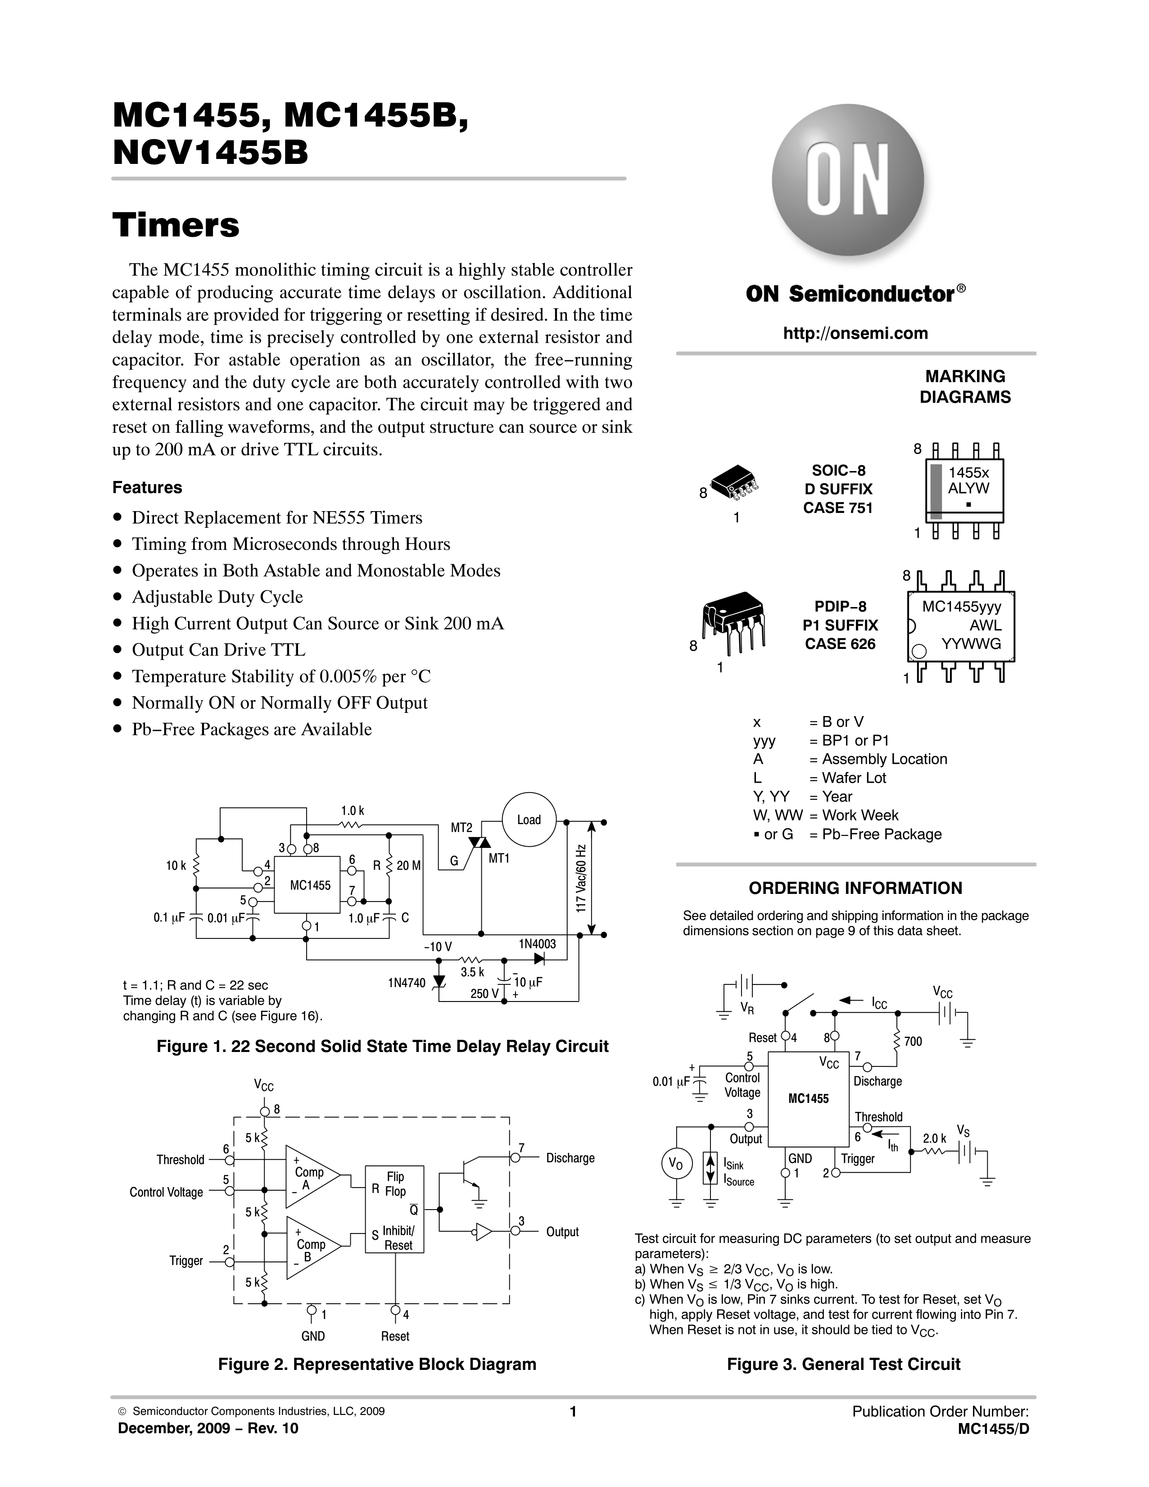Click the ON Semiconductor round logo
(x=847, y=181)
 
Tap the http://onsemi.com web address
(x=855, y=333)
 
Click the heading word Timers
(x=176, y=225)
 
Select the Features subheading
(x=147, y=488)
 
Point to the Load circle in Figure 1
(x=529, y=820)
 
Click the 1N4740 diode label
(x=407, y=983)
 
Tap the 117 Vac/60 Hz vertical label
(x=581, y=879)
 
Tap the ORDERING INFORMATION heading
(x=855, y=888)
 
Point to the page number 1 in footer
(x=573, y=1411)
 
